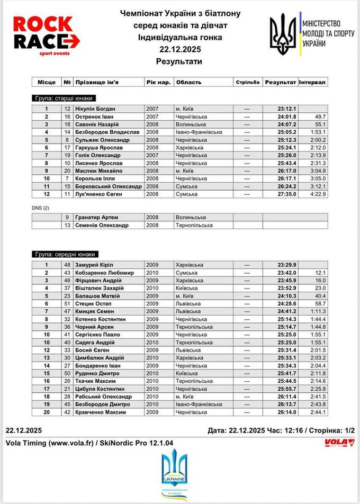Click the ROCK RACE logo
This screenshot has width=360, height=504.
46,35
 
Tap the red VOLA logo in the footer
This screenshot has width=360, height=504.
339,443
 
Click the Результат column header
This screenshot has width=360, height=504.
281,83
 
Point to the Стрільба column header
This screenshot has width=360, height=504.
247,83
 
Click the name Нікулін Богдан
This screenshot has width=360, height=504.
95,109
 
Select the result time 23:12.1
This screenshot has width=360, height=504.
286,109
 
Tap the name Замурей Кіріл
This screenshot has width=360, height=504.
94,265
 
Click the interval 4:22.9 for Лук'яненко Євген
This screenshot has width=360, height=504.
318,194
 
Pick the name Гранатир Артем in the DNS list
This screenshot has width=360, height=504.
96,217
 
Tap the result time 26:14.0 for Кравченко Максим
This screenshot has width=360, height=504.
286,412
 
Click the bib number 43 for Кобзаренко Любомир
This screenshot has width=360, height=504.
67,273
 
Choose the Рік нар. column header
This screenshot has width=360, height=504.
158,83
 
